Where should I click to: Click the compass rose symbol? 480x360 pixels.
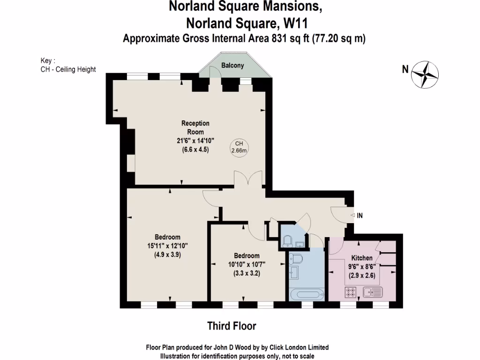click(425, 74)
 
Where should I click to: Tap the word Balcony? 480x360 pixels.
click(232, 66)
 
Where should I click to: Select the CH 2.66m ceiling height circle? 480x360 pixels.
click(239, 147)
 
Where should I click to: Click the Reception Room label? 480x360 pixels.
click(195, 127)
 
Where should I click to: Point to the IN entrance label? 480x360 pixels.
click(360, 216)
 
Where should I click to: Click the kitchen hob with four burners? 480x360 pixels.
click(351, 292)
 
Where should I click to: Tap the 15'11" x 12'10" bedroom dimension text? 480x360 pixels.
click(167, 246)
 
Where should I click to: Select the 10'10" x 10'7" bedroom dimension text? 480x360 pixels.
click(247, 264)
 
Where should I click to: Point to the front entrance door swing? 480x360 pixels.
click(338, 214)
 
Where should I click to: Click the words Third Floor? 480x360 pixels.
click(232, 325)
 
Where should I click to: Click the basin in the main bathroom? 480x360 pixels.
click(294, 273)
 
